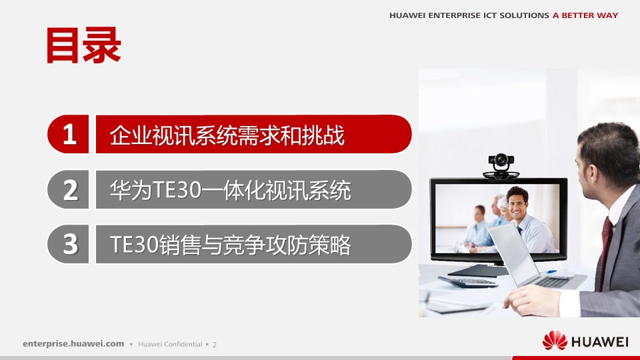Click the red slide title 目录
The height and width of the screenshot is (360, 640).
pos(83,45)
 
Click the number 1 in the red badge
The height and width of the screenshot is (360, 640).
pos(70,135)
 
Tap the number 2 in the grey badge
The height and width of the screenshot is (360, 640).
pos(70,190)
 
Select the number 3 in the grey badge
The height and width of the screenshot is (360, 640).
pos(70,245)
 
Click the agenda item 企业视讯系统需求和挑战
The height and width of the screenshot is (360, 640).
pos(227,135)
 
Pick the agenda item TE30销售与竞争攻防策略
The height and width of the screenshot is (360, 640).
pos(230,245)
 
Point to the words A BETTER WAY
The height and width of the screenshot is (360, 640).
pos(585,15)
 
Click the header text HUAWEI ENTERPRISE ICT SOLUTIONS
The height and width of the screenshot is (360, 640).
pos(469,15)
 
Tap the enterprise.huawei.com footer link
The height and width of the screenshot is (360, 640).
pos(73,344)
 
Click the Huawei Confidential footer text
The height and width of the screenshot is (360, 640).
pos(170,345)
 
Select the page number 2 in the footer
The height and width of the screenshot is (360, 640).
pos(215,345)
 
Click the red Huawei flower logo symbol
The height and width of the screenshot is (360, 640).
pos(555,341)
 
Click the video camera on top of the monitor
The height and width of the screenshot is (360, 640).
pos(500,163)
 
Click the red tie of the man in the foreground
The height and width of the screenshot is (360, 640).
pos(605,240)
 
